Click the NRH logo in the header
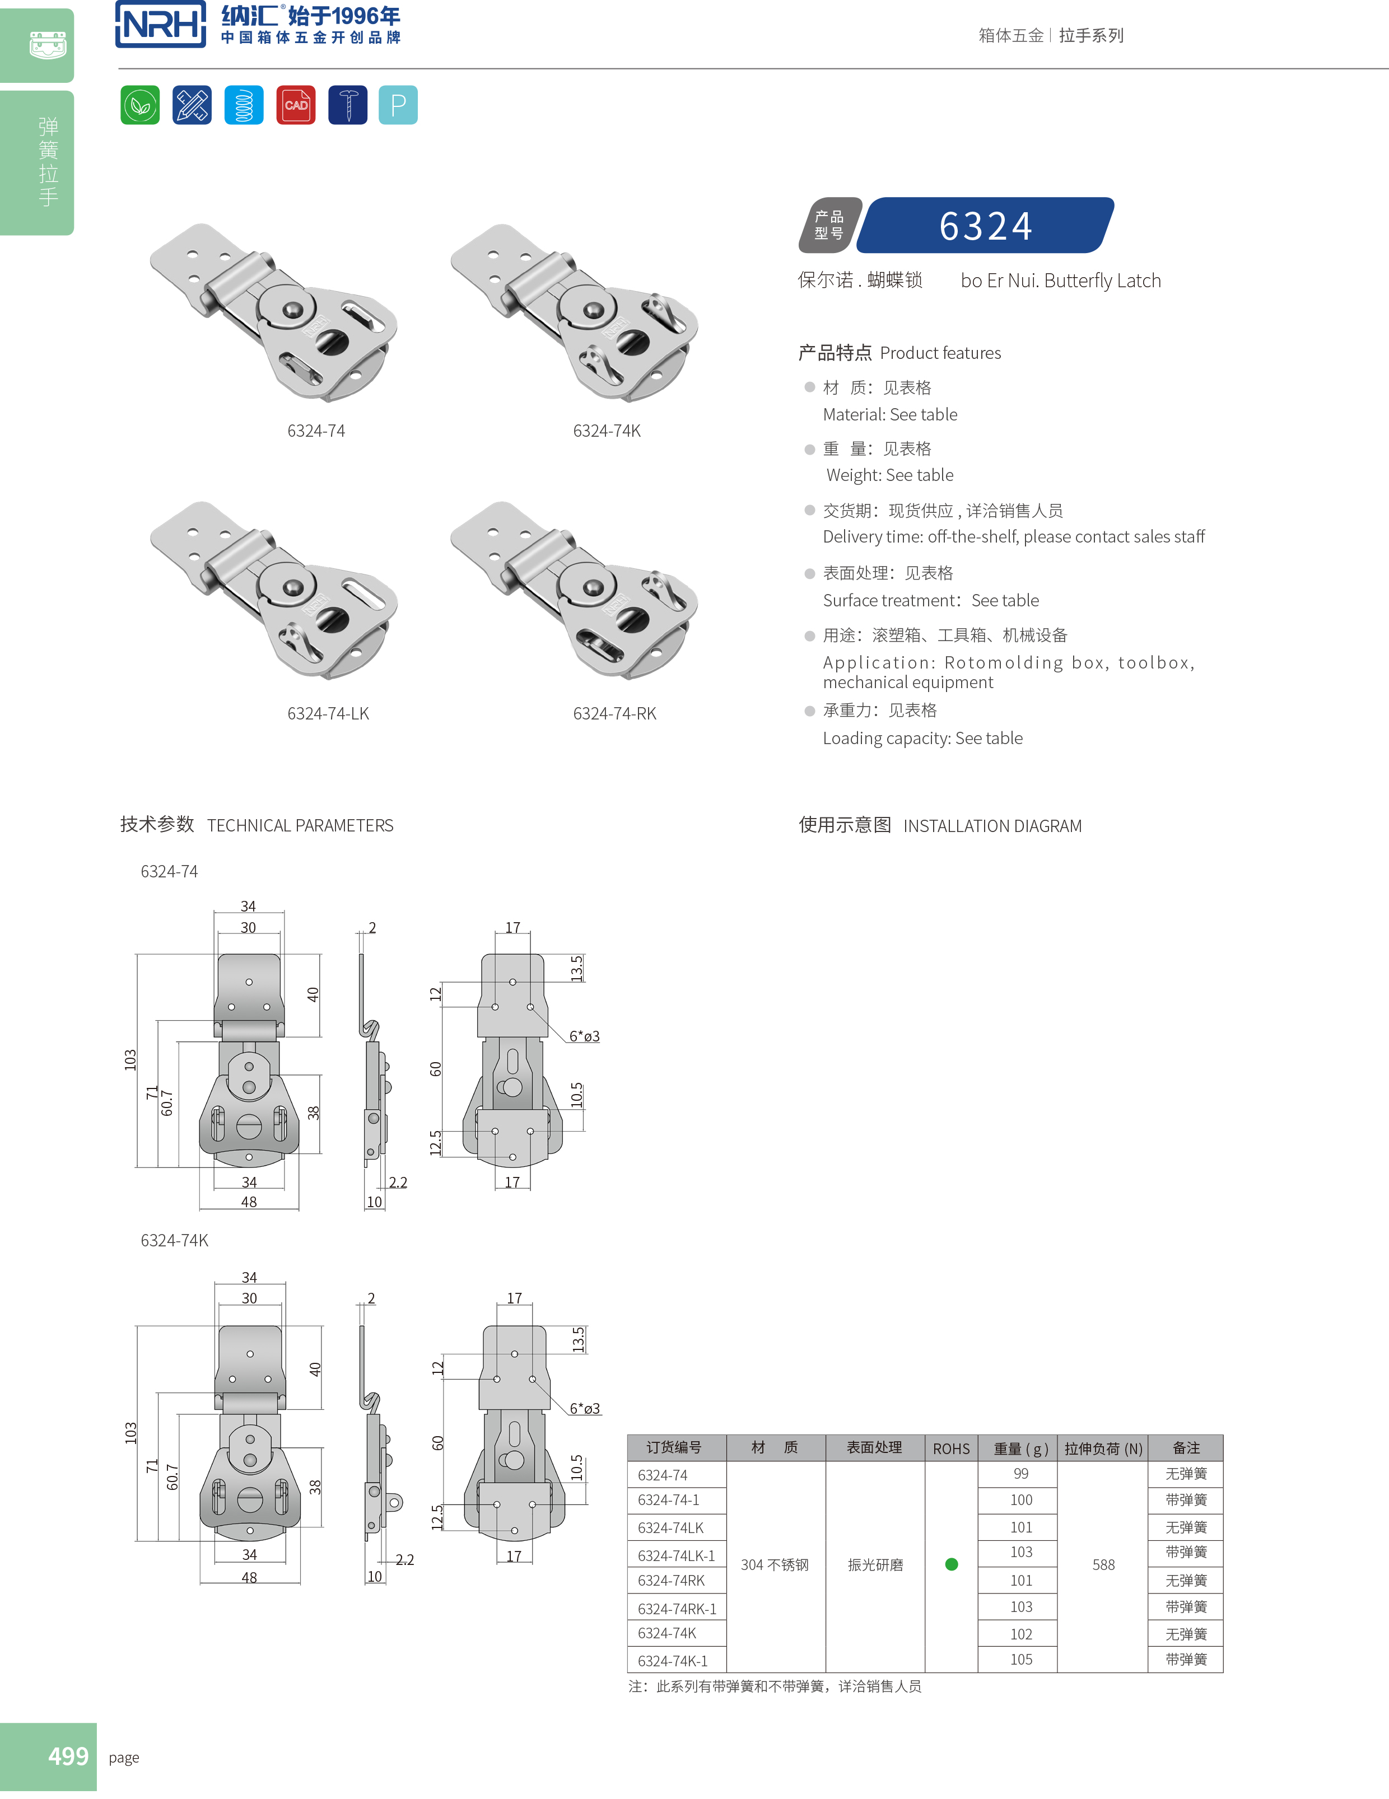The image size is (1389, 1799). tap(161, 24)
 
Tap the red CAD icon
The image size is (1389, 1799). tap(296, 105)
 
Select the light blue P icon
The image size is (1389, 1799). tap(398, 105)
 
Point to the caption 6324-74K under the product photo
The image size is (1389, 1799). tap(607, 431)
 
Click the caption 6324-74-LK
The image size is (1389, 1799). tap(328, 713)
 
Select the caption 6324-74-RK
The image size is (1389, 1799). tap(614, 713)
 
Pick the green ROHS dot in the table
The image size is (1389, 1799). tap(952, 1564)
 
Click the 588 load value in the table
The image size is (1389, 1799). tap(1103, 1564)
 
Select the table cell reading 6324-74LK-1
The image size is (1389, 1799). tap(675, 1556)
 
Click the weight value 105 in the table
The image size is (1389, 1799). tap(1020, 1660)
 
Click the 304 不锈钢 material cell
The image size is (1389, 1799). tap(775, 1564)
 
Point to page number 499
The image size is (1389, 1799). tap(68, 1756)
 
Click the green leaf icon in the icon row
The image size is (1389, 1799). tap(140, 105)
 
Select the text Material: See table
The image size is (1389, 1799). tap(890, 414)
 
